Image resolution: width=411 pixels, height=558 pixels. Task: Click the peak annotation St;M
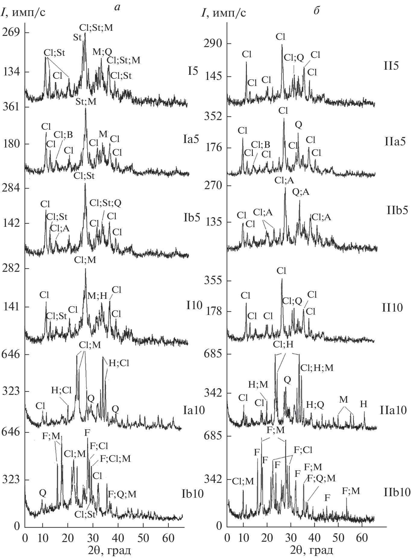point(86,102)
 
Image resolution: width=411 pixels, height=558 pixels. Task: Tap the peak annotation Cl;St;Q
point(105,203)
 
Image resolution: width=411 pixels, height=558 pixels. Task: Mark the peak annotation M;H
point(97,296)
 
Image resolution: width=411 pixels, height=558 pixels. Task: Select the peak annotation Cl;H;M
point(317,367)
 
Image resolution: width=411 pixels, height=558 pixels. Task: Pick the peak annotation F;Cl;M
point(115,459)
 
